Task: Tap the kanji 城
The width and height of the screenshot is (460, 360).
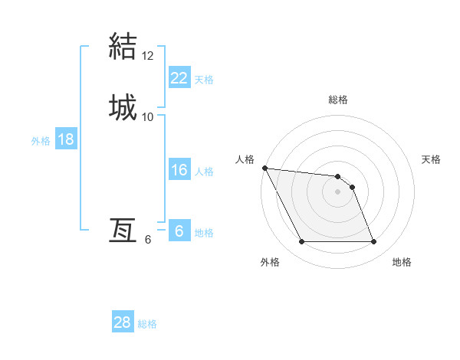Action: click(x=123, y=106)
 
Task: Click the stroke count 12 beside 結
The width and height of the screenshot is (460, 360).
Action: click(x=148, y=56)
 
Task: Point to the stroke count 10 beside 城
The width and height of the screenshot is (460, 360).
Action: click(x=148, y=116)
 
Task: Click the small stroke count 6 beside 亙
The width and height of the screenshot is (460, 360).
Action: click(x=148, y=240)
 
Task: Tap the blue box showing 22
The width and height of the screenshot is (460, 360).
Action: click(x=179, y=77)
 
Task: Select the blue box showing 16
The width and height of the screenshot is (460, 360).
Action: click(x=179, y=170)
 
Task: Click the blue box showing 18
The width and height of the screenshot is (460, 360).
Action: click(x=66, y=139)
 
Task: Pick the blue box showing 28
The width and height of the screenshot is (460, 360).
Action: click(x=123, y=322)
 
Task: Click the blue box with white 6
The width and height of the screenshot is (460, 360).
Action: click(x=179, y=231)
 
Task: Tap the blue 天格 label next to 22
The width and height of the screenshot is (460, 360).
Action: click(x=204, y=79)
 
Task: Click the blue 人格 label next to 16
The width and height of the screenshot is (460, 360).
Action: click(x=204, y=172)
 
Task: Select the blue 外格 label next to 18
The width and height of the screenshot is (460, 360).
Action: click(x=41, y=141)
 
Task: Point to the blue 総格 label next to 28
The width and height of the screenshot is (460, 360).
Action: click(x=147, y=324)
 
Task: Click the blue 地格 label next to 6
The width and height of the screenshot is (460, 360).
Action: click(x=204, y=233)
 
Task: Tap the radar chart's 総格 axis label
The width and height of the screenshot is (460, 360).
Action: click(x=338, y=100)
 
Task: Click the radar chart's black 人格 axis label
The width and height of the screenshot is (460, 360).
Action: click(x=245, y=159)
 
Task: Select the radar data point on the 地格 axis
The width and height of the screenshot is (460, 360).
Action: click(x=373, y=242)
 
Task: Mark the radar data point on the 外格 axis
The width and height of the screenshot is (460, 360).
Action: click(x=301, y=242)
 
